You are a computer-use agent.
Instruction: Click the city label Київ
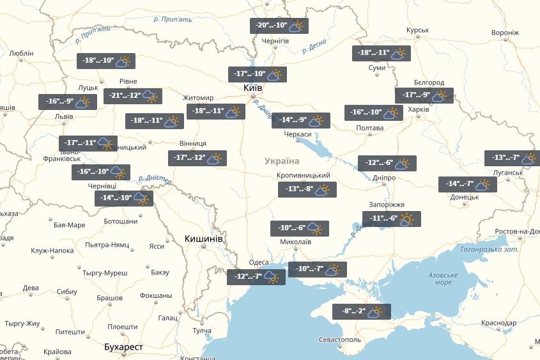(252, 87)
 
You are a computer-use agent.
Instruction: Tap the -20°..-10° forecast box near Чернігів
(279, 26)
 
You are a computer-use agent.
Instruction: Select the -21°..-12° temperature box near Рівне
(134, 96)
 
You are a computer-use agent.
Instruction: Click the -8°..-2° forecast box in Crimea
(361, 312)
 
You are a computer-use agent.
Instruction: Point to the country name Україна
(282, 161)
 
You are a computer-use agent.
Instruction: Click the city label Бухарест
(123, 347)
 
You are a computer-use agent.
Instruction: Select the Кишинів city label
(203, 239)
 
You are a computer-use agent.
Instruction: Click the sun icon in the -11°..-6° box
(406, 219)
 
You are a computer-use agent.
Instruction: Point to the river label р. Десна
(313, 45)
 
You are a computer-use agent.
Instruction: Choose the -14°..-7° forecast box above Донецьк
(467, 184)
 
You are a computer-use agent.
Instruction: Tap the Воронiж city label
(505, 32)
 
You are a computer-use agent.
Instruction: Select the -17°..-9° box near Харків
(424, 96)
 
